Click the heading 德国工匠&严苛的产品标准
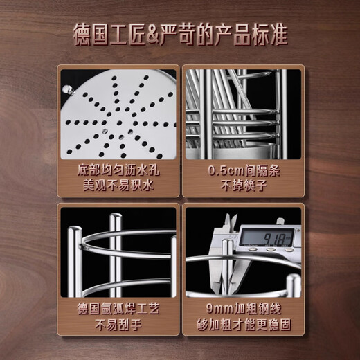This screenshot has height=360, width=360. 180,33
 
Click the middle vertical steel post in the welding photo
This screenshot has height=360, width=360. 116,253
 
